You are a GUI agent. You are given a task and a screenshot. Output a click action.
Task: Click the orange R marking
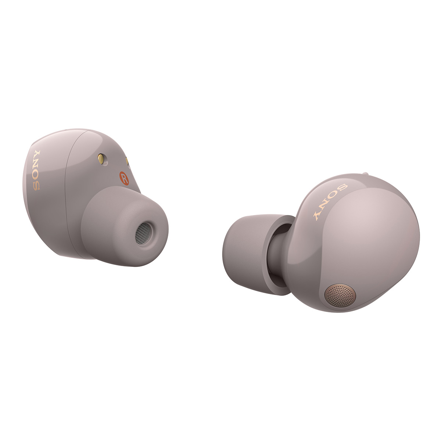point(124,178)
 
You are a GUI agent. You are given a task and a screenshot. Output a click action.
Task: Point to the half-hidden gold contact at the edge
point(127,161)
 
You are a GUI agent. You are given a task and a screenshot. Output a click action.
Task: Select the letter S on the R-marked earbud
point(36,186)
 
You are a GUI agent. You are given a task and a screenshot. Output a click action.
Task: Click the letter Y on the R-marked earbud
point(37,155)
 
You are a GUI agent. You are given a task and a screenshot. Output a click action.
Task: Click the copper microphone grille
point(340,295)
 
